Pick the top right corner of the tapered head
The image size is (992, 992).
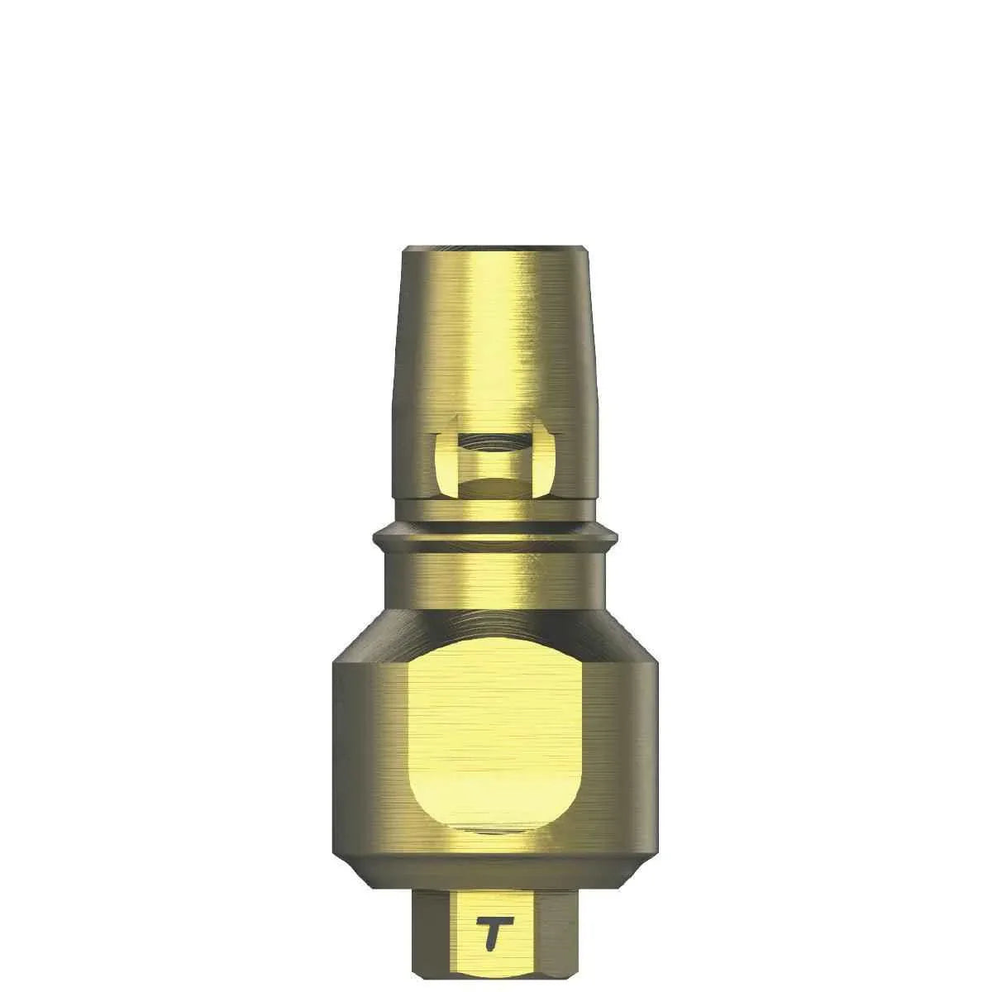(x=585, y=250)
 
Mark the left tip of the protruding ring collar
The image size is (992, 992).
(x=376, y=539)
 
